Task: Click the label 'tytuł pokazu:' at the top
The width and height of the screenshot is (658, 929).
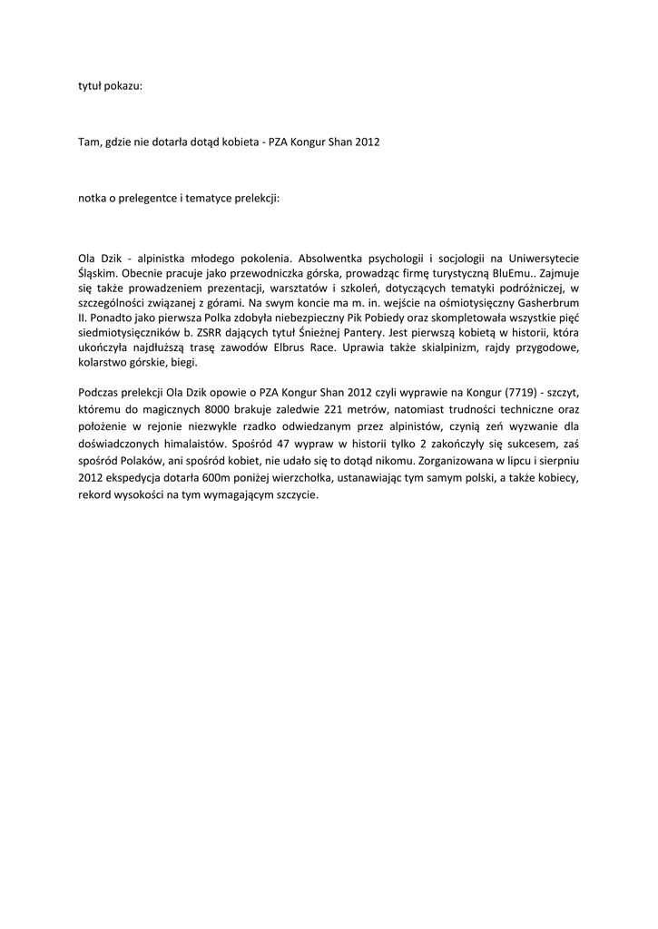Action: click(x=109, y=87)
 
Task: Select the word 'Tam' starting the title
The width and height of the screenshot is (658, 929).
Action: click(x=88, y=142)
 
